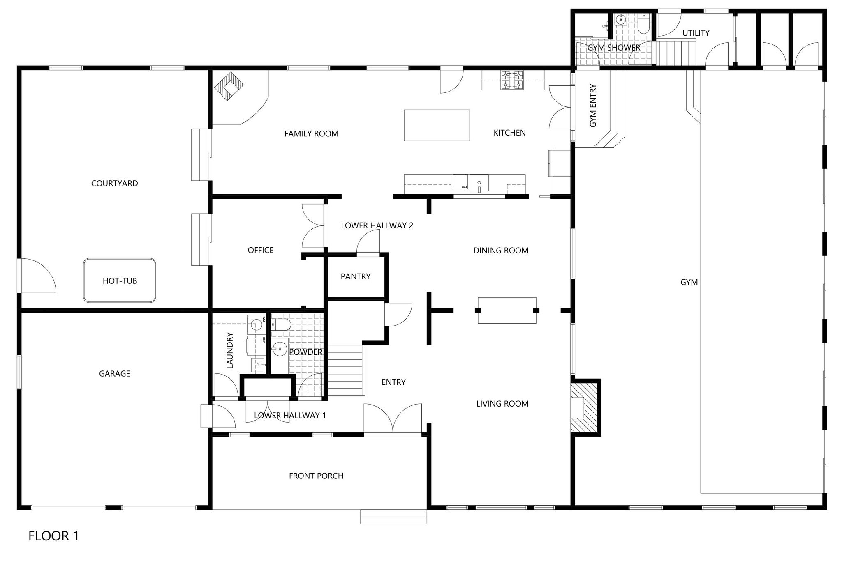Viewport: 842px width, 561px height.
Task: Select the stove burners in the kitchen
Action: click(x=512, y=80)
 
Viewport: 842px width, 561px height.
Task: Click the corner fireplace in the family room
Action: click(x=229, y=85)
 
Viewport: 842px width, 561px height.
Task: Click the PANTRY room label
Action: click(x=356, y=276)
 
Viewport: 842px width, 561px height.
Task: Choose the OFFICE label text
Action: click(x=261, y=250)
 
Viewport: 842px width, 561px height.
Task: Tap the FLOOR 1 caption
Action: click(x=53, y=536)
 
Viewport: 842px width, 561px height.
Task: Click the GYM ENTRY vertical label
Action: click(x=593, y=106)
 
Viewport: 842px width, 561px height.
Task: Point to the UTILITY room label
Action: click(x=696, y=33)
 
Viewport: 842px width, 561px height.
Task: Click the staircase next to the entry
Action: click(x=346, y=370)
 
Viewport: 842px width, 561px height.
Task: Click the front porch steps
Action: click(x=393, y=517)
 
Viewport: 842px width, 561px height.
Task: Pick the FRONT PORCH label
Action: click(x=316, y=476)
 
